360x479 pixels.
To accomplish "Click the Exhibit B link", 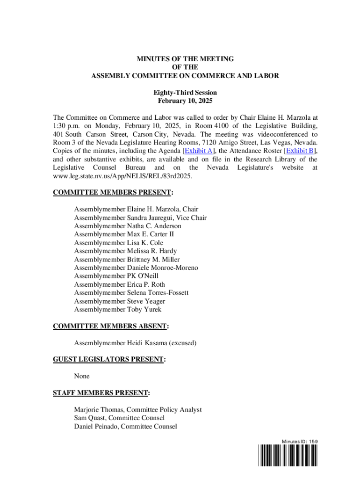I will tap(300, 151).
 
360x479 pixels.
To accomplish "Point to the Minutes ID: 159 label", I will tap(300, 441).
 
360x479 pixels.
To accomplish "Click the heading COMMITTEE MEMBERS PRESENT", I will tap(112, 192).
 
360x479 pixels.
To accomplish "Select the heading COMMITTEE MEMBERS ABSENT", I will tap(110, 326).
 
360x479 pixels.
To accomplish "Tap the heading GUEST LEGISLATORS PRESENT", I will tap(109, 359).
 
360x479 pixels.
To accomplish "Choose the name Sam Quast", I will tap(89, 418).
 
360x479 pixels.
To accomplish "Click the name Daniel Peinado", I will tap(95, 426).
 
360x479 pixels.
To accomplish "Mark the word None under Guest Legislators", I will tap(81, 376).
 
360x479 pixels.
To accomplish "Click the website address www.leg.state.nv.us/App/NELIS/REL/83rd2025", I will tap(123, 176).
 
